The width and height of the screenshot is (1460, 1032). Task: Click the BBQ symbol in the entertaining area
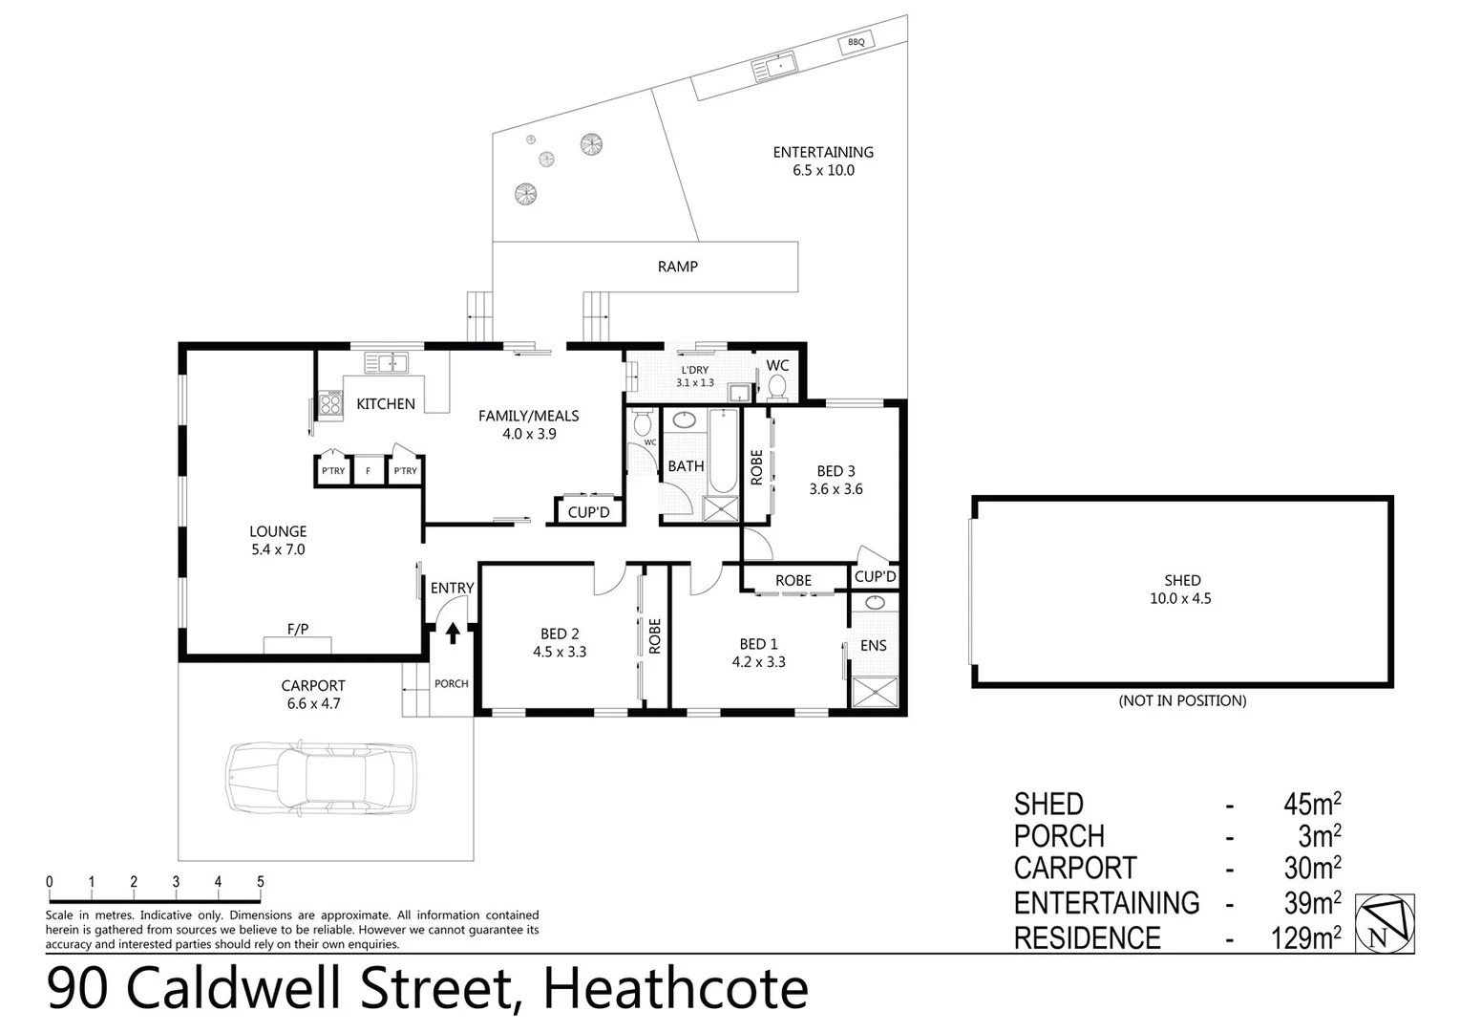(856, 42)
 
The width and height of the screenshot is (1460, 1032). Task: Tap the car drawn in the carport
(321, 777)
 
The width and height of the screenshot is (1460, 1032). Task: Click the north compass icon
(1385, 924)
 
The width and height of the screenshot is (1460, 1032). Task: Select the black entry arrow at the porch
(453, 634)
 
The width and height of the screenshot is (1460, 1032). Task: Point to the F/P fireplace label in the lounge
(298, 630)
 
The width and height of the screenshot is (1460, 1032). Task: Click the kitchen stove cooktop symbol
(330, 404)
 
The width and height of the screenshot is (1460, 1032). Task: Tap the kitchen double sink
(386, 363)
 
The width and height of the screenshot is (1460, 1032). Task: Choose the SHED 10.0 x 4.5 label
(1182, 590)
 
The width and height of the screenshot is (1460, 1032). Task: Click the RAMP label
(677, 267)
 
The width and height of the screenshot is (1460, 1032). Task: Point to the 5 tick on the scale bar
(261, 883)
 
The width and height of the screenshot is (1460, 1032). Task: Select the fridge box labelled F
(368, 471)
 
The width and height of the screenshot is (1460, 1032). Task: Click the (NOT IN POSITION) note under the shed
(1182, 700)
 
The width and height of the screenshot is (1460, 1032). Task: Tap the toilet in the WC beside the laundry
(777, 386)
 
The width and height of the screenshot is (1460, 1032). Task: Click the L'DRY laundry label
(694, 370)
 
